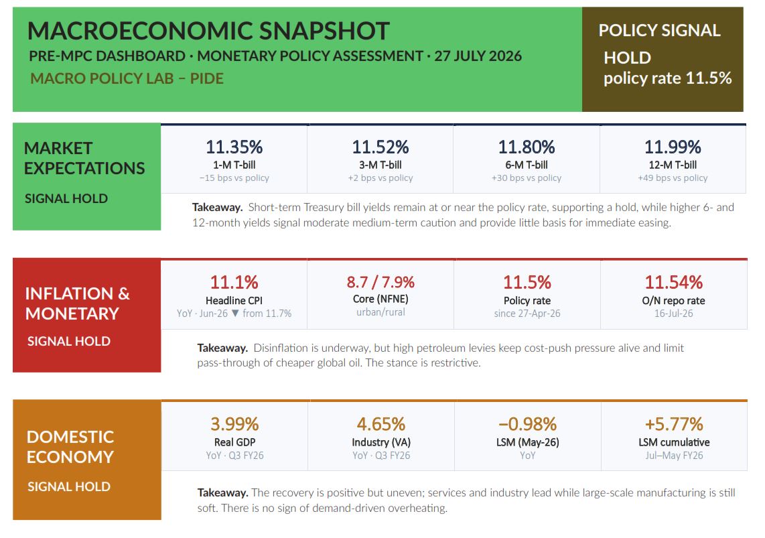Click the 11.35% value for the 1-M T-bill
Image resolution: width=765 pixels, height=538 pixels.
(x=234, y=147)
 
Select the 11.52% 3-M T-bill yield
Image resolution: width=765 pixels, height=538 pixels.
(x=380, y=147)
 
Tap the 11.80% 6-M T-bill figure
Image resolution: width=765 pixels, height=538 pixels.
(x=527, y=147)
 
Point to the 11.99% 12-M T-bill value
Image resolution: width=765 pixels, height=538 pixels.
(x=673, y=147)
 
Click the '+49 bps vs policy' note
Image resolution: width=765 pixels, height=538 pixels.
(x=673, y=178)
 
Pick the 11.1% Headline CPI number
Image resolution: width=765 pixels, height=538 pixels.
(x=234, y=283)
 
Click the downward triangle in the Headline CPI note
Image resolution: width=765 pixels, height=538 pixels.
(x=235, y=313)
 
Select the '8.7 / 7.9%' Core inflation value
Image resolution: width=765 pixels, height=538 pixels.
(x=380, y=282)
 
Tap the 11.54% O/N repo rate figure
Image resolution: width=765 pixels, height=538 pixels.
(x=674, y=283)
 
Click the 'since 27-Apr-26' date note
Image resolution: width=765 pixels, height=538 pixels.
(x=527, y=314)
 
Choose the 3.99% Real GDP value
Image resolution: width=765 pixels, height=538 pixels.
(x=234, y=424)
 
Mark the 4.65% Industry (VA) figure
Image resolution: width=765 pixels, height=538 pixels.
(x=381, y=424)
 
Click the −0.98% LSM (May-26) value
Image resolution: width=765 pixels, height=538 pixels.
(x=527, y=424)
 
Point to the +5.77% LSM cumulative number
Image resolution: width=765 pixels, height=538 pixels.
(x=674, y=424)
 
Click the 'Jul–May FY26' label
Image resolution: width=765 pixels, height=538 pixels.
(x=674, y=456)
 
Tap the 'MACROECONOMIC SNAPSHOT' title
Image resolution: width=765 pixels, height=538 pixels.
(x=208, y=31)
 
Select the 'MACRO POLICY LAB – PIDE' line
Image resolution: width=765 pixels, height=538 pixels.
(x=127, y=78)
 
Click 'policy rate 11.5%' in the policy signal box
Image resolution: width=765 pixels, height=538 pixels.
(x=667, y=78)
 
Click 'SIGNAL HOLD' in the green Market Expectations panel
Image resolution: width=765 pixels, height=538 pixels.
(x=66, y=198)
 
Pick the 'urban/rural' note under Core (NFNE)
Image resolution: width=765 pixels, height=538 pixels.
(x=380, y=312)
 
